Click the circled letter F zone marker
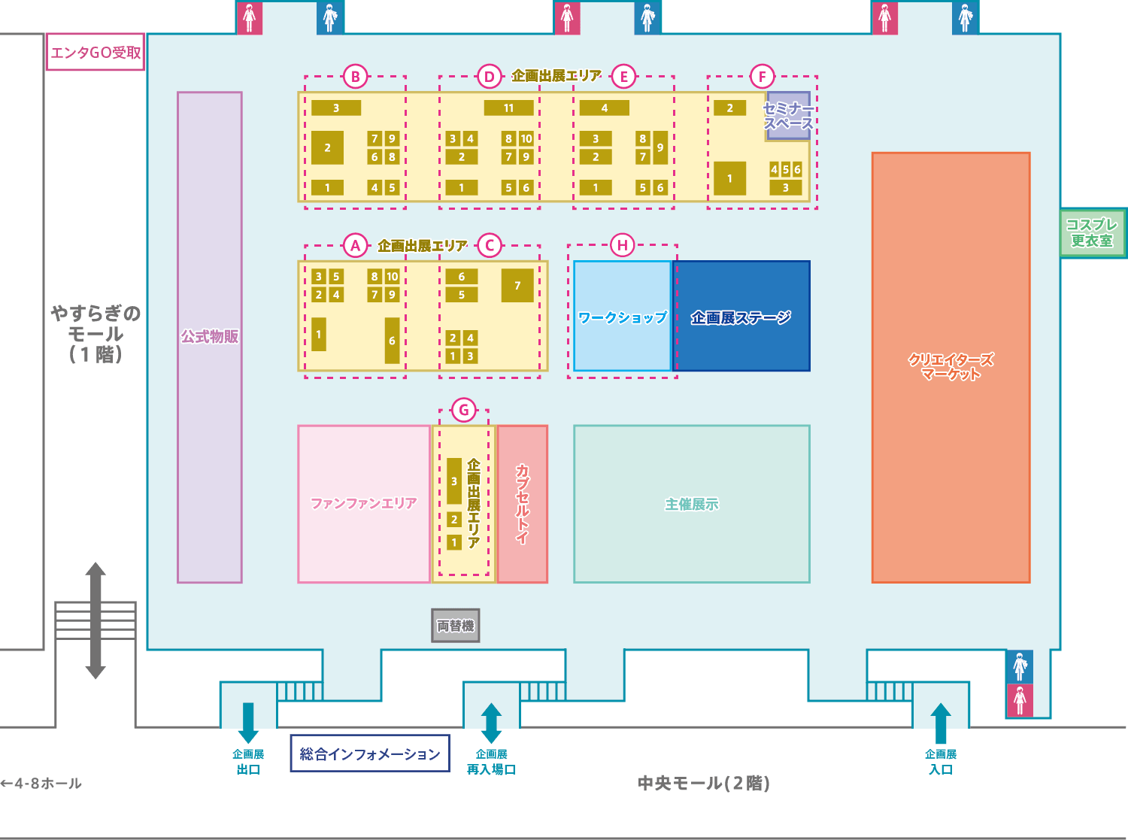click(x=762, y=77)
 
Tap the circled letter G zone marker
click(x=464, y=410)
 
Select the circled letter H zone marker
click(x=623, y=245)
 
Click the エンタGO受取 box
click(x=96, y=52)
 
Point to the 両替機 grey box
click(x=456, y=625)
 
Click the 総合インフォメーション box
click(x=370, y=754)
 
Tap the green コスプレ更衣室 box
click(x=1093, y=232)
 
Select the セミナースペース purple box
click(x=788, y=116)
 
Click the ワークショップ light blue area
click(x=623, y=316)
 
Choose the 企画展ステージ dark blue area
click(x=741, y=316)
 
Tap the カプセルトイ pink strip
click(x=523, y=504)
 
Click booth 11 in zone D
click(x=508, y=108)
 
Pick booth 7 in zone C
click(x=517, y=286)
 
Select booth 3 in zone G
click(x=454, y=481)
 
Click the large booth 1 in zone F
click(x=729, y=178)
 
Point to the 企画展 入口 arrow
click(x=941, y=723)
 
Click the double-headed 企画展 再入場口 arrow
click(x=491, y=723)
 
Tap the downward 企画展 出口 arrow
click(x=248, y=723)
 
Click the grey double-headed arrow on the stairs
click(x=96, y=620)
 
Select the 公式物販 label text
click(x=210, y=337)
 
